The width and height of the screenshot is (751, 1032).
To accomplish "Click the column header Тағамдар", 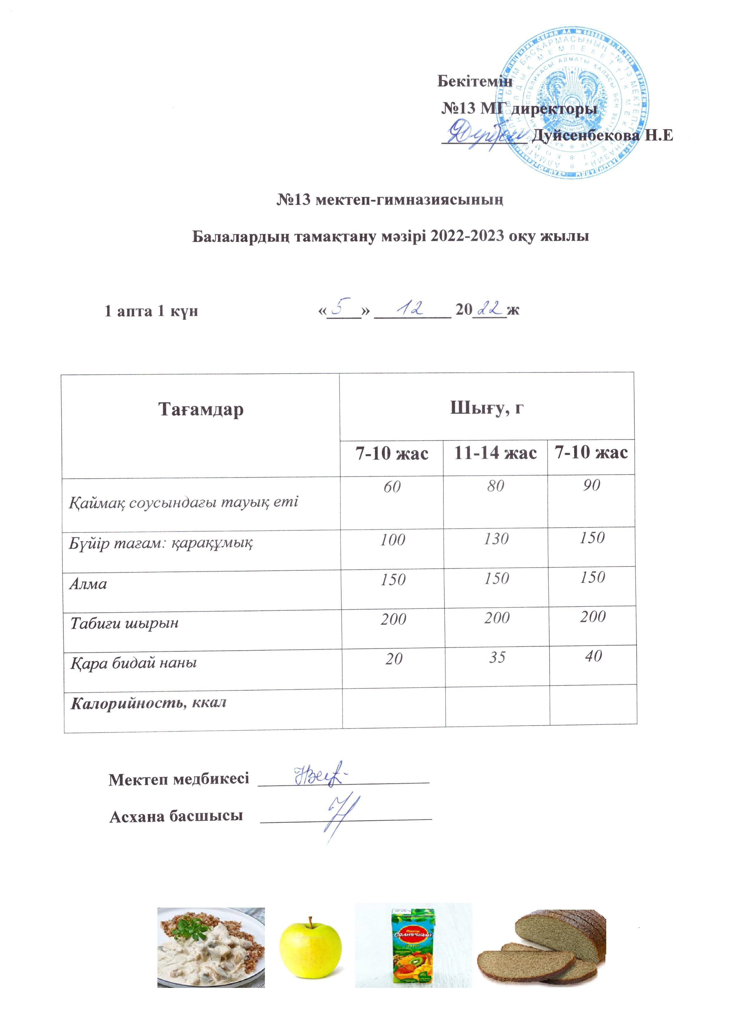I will [x=200, y=409].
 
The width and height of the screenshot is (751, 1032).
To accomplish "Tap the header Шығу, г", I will [x=486, y=408].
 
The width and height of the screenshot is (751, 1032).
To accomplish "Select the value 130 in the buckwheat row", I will [x=496, y=539].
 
